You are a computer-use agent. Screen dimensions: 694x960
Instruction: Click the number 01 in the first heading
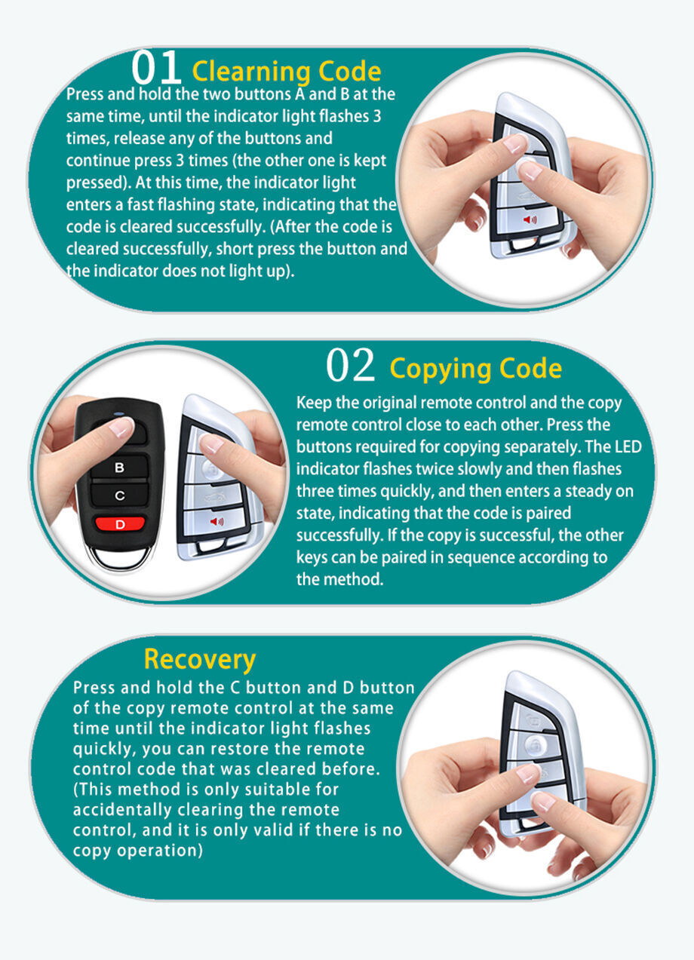(x=156, y=68)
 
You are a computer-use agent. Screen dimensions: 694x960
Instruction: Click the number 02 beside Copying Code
(x=350, y=365)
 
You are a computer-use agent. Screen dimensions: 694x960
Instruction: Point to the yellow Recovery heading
(x=200, y=660)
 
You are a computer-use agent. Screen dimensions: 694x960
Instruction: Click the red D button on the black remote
(x=120, y=523)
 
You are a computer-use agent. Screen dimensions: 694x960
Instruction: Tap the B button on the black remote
(x=120, y=468)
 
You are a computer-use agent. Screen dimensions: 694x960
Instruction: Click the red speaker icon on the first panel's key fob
(x=530, y=220)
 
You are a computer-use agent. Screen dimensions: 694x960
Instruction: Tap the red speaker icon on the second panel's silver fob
(x=216, y=522)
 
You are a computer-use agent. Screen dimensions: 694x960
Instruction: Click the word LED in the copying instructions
(x=628, y=446)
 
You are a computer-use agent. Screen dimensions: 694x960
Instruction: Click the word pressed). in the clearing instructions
(x=99, y=183)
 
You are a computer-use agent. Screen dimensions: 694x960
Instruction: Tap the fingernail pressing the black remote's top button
(x=121, y=426)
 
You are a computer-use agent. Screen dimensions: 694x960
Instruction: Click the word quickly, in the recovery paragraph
(x=105, y=750)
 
